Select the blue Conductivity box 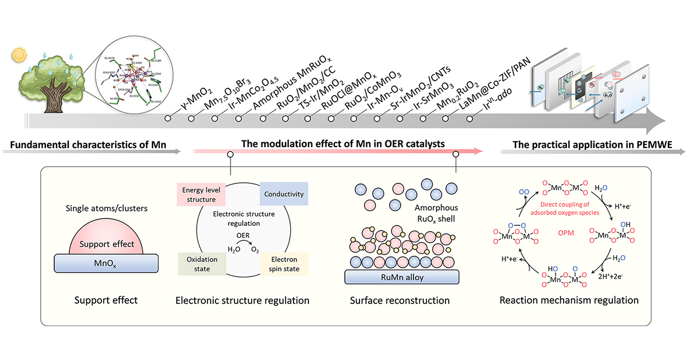point(284,194)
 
